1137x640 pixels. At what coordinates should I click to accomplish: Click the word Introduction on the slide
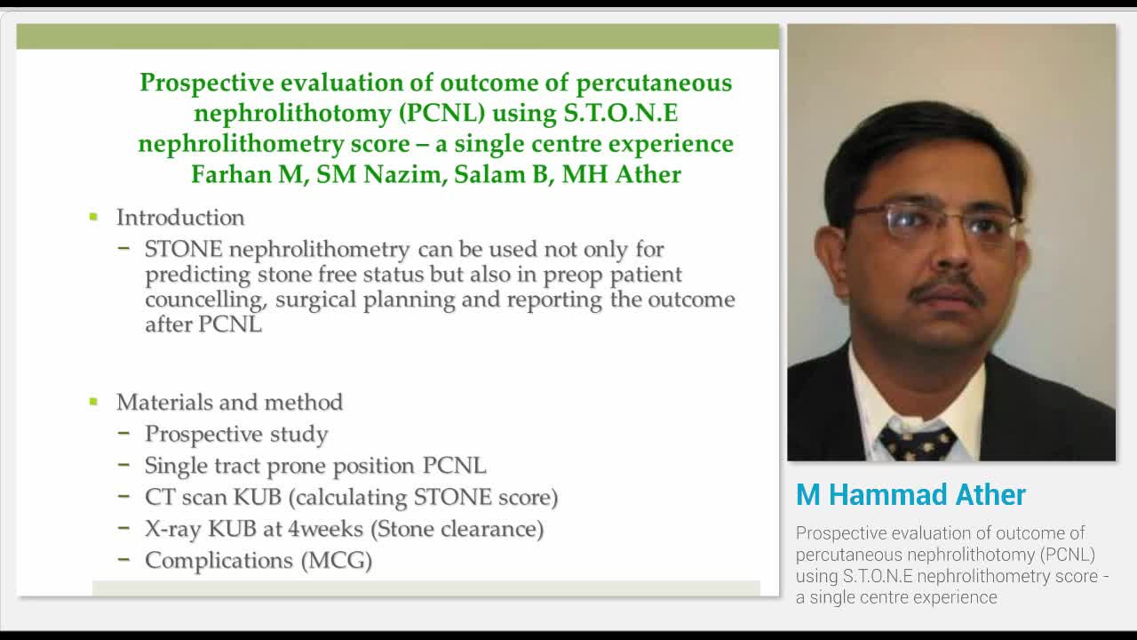(179, 218)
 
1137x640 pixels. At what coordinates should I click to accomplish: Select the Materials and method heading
(229, 403)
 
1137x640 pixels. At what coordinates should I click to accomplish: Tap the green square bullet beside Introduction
(93, 217)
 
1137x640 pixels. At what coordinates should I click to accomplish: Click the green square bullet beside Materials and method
(93, 402)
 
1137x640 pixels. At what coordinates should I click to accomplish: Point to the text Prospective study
(236, 434)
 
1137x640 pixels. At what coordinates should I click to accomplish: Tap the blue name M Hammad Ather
(910, 495)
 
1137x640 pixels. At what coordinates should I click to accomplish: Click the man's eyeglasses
(933, 222)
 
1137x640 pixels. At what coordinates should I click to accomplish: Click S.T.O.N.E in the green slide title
(621, 113)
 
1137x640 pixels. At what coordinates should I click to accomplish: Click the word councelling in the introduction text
(205, 300)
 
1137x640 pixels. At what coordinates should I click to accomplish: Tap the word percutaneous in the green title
(654, 83)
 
